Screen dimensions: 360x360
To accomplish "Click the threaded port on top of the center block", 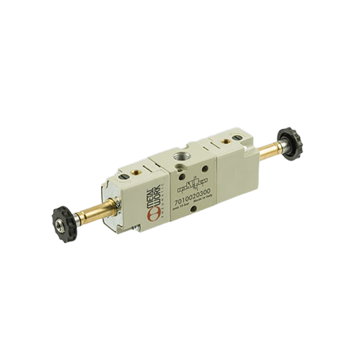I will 183,155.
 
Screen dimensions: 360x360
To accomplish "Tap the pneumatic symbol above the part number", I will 193,182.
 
